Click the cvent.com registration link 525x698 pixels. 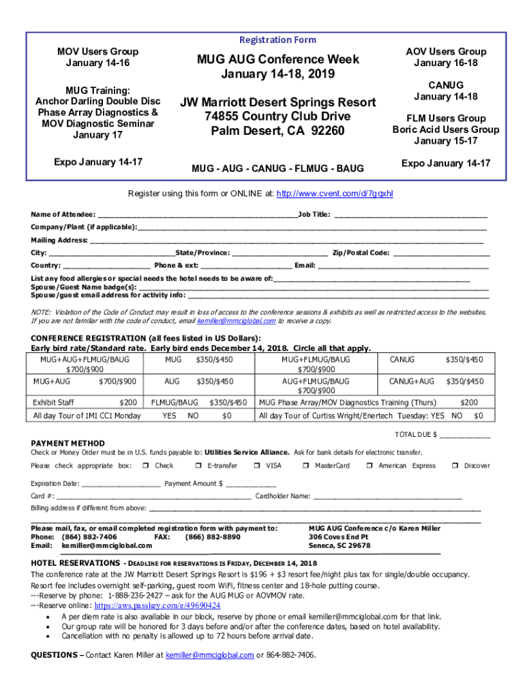pyautogui.click(x=334, y=194)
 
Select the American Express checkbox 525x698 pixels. pyautogui.click(x=369, y=466)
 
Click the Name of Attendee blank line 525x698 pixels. pyautogui.click(x=198, y=215)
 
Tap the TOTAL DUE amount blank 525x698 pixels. pyautogui.click(x=466, y=435)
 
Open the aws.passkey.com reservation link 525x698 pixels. pyautogui.click(x=157, y=605)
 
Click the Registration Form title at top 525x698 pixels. pyautogui.click(x=277, y=40)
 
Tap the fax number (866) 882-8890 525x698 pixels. pyautogui.click(x=213, y=537)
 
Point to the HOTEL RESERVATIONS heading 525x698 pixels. pyautogui.click(x=76, y=563)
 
